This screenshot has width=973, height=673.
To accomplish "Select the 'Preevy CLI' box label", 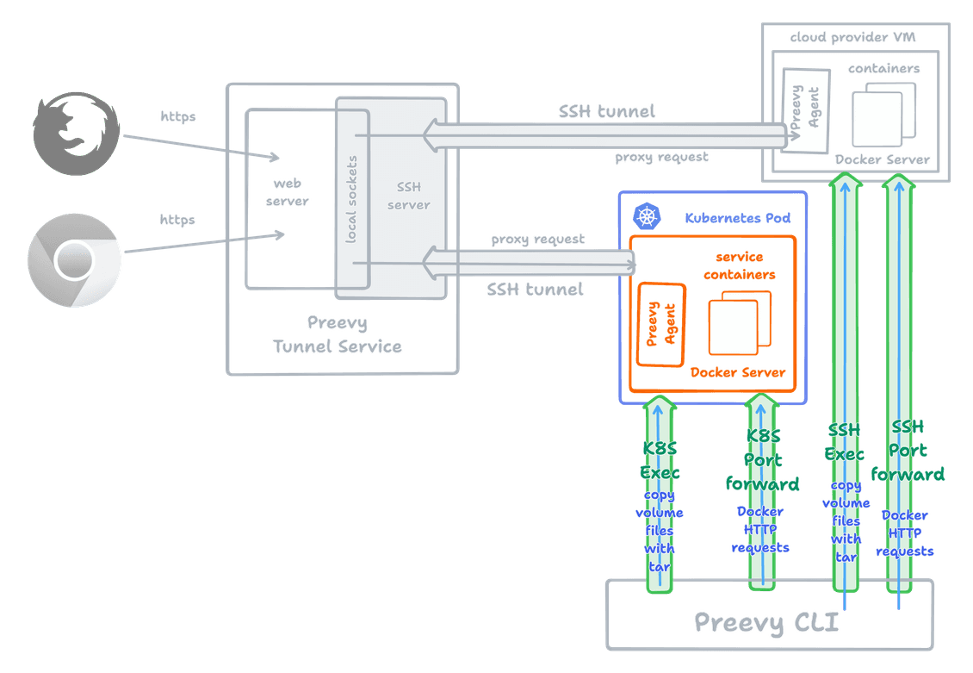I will coord(766,622).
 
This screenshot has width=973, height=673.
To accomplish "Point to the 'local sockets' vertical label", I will coord(351,198).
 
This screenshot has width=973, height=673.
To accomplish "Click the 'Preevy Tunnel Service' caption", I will coord(337,335).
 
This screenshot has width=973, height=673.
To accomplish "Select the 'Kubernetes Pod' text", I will coord(737,218).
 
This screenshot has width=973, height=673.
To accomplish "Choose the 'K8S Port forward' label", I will coord(761,460).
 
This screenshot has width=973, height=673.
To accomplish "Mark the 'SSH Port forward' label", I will coord(908,451).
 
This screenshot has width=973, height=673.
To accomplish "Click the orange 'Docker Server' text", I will coord(738,372).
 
